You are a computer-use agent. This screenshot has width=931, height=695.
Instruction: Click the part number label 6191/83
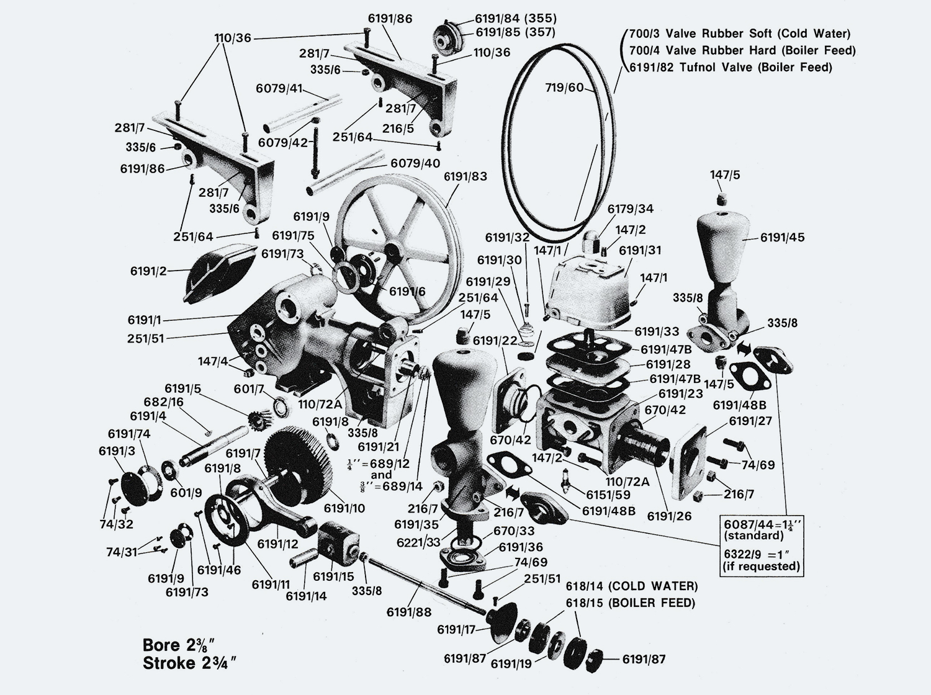click(x=465, y=176)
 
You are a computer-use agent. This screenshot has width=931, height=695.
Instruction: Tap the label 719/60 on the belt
click(x=564, y=87)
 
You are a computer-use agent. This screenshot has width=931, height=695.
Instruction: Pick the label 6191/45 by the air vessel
click(x=782, y=237)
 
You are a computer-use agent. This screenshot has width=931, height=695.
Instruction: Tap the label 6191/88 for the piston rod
click(x=408, y=612)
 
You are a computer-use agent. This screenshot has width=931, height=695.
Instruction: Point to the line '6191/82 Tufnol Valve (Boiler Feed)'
click(x=731, y=67)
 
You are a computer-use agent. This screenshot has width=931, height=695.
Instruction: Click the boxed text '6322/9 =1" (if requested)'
click(x=761, y=559)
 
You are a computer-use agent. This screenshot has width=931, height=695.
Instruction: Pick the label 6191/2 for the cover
click(x=148, y=271)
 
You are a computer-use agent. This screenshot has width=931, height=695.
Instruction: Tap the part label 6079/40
click(x=415, y=163)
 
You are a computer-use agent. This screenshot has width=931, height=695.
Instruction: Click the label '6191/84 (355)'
click(x=516, y=18)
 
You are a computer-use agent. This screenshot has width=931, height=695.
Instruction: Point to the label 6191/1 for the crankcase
click(x=145, y=320)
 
